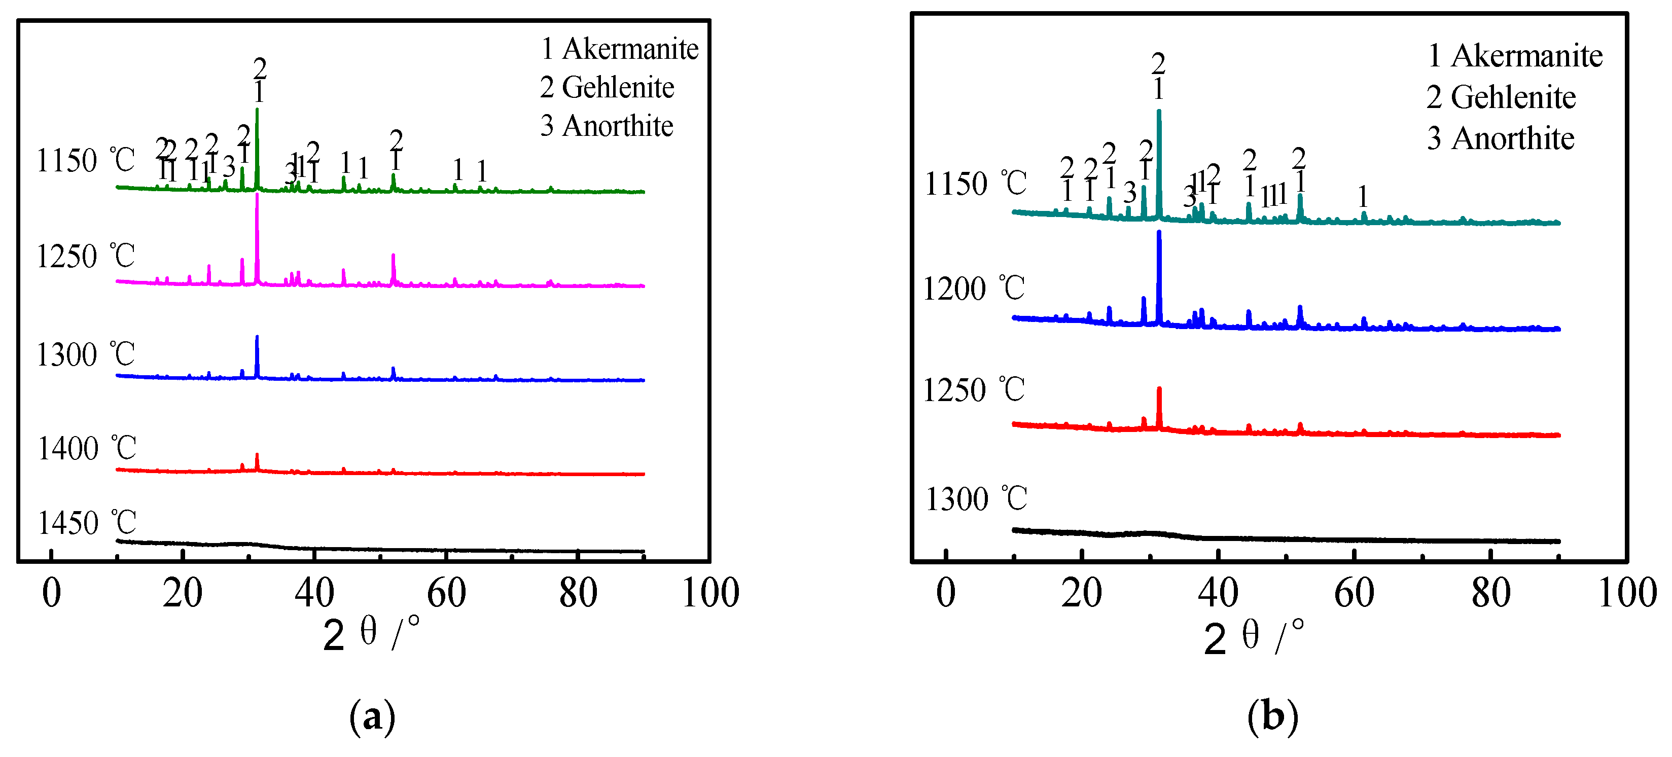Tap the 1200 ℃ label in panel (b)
(x=974, y=289)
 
